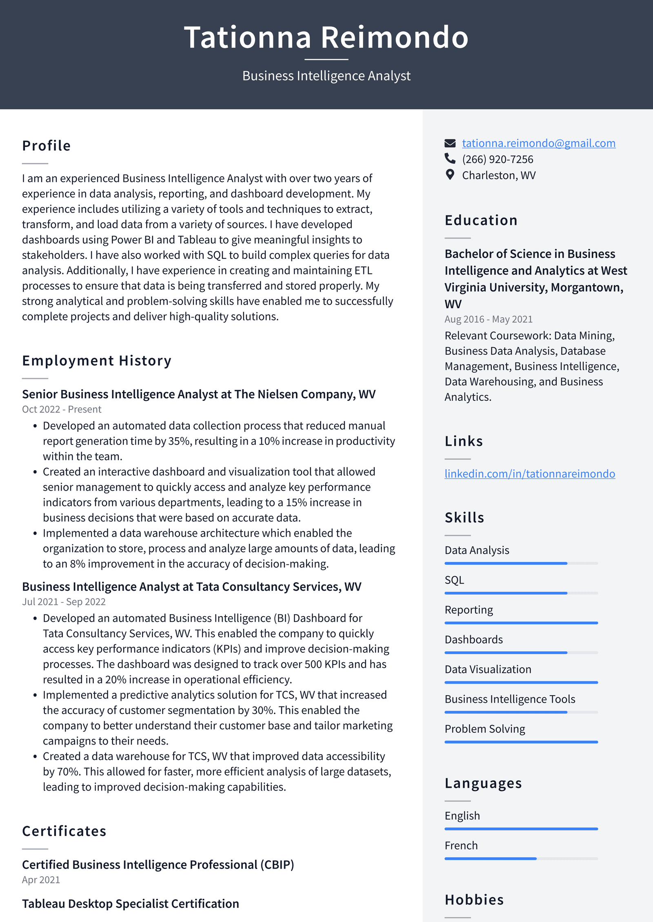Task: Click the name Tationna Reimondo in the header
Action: (x=326, y=38)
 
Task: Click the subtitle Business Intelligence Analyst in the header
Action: (x=326, y=76)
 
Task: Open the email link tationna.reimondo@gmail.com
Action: (x=538, y=143)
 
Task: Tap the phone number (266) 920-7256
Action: (x=497, y=159)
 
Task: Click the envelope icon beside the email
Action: (x=450, y=143)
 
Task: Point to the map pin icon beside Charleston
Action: (x=450, y=175)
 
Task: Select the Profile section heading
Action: (x=47, y=146)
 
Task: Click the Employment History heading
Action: (x=97, y=361)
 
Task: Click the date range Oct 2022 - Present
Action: (x=62, y=409)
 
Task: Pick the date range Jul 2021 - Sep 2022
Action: (x=64, y=602)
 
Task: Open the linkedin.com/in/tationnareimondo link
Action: (x=529, y=474)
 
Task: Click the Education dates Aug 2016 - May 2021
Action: (x=488, y=319)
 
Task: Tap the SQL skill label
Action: (x=454, y=580)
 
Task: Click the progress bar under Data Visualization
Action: (x=521, y=682)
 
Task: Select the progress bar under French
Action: (x=521, y=859)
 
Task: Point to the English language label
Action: (x=462, y=816)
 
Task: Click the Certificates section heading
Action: (x=64, y=831)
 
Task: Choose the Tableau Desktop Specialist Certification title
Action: (x=131, y=904)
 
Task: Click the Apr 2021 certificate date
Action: (x=41, y=880)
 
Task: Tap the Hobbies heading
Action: (x=474, y=900)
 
